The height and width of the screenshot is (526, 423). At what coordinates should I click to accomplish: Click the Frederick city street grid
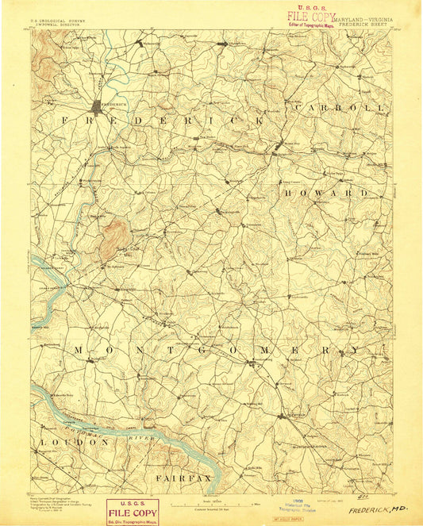(x=98, y=106)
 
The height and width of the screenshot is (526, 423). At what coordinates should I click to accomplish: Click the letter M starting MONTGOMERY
(x=79, y=349)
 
